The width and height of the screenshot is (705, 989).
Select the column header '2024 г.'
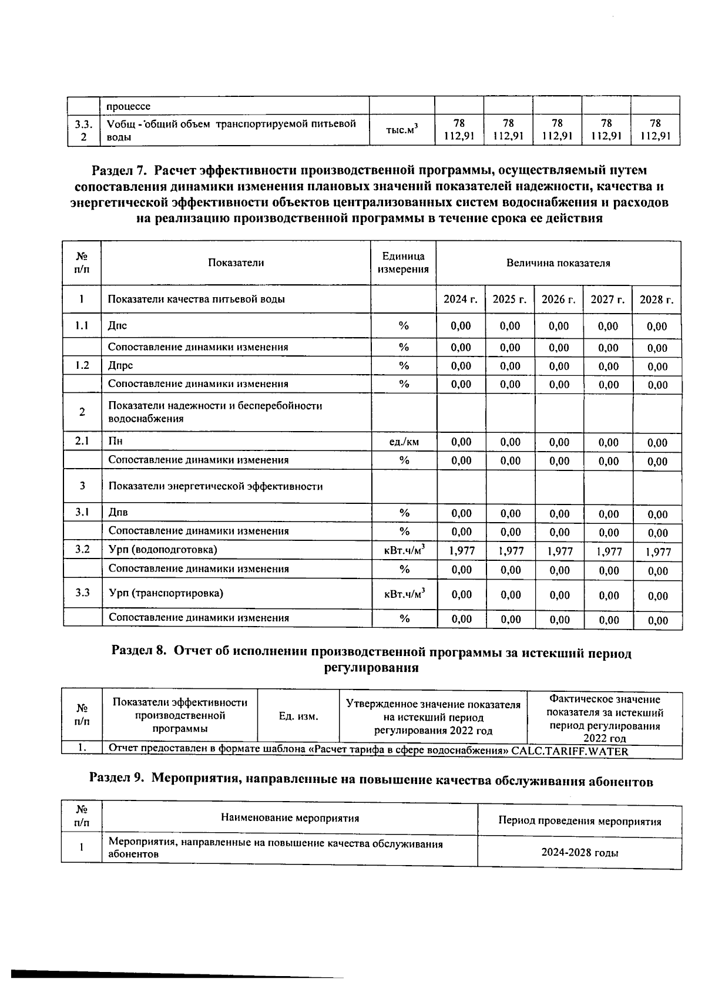click(x=460, y=300)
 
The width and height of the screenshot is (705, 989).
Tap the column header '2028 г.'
click(x=656, y=300)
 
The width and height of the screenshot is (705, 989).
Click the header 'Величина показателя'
click(x=558, y=263)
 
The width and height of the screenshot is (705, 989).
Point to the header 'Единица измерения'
click(x=403, y=263)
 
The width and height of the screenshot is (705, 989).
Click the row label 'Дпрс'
click(x=120, y=365)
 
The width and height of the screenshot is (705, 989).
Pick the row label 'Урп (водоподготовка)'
click(x=163, y=550)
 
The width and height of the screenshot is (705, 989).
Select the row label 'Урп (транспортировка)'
click(x=166, y=593)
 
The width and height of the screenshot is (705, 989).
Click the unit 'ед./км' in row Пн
click(x=404, y=442)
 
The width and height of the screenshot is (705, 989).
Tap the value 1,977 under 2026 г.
click(x=559, y=551)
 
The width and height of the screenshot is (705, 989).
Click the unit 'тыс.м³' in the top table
click(x=402, y=130)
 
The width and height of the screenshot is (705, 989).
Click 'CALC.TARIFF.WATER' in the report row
click(x=569, y=751)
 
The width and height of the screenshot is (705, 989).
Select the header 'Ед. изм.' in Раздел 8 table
click(x=298, y=716)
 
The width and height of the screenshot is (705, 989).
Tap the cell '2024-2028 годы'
click(x=579, y=853)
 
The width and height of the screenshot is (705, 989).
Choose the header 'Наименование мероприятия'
click(x=290, y=818)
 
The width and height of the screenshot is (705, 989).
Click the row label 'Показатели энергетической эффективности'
click(x=216, y=486)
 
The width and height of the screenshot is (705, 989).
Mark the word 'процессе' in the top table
click(x=128, y=106)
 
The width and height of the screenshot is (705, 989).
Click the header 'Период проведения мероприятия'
click(x=579, y=821)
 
